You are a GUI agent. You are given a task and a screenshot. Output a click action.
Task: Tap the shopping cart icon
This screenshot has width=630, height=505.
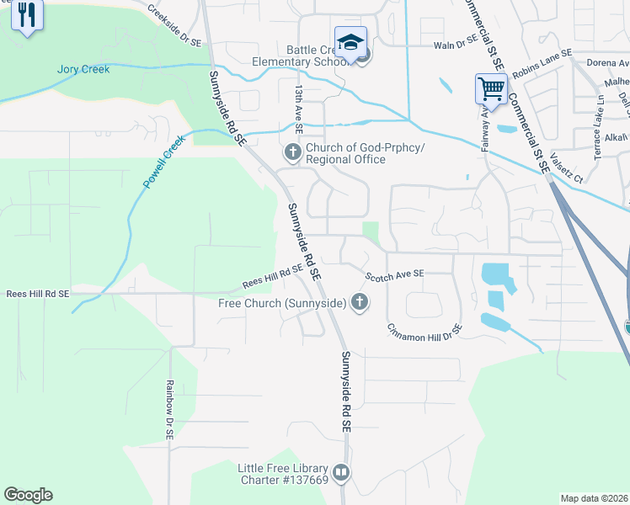(x=491, y=88)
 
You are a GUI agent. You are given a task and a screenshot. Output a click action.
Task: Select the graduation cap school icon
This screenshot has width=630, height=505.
(x=350, y=42)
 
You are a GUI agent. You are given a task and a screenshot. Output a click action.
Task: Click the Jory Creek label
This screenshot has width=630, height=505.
(x=83, y=70)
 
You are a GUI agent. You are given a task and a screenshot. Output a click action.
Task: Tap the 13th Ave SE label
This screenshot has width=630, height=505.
(x=298, y=106)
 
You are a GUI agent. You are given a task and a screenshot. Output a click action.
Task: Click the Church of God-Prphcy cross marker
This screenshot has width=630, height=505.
(x=292, y=152)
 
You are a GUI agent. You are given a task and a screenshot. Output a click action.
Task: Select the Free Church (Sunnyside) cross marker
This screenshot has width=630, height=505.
(x=360, y=302)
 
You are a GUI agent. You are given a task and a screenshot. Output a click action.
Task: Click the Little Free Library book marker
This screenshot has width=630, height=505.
(x=340, y=474)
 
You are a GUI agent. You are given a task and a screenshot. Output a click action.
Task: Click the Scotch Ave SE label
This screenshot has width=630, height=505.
(x=394, y=274)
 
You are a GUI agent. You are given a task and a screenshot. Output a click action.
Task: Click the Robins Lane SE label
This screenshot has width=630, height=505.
(x=542, y=64)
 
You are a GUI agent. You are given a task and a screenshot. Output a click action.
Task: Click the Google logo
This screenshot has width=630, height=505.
(x=28, y=495)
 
